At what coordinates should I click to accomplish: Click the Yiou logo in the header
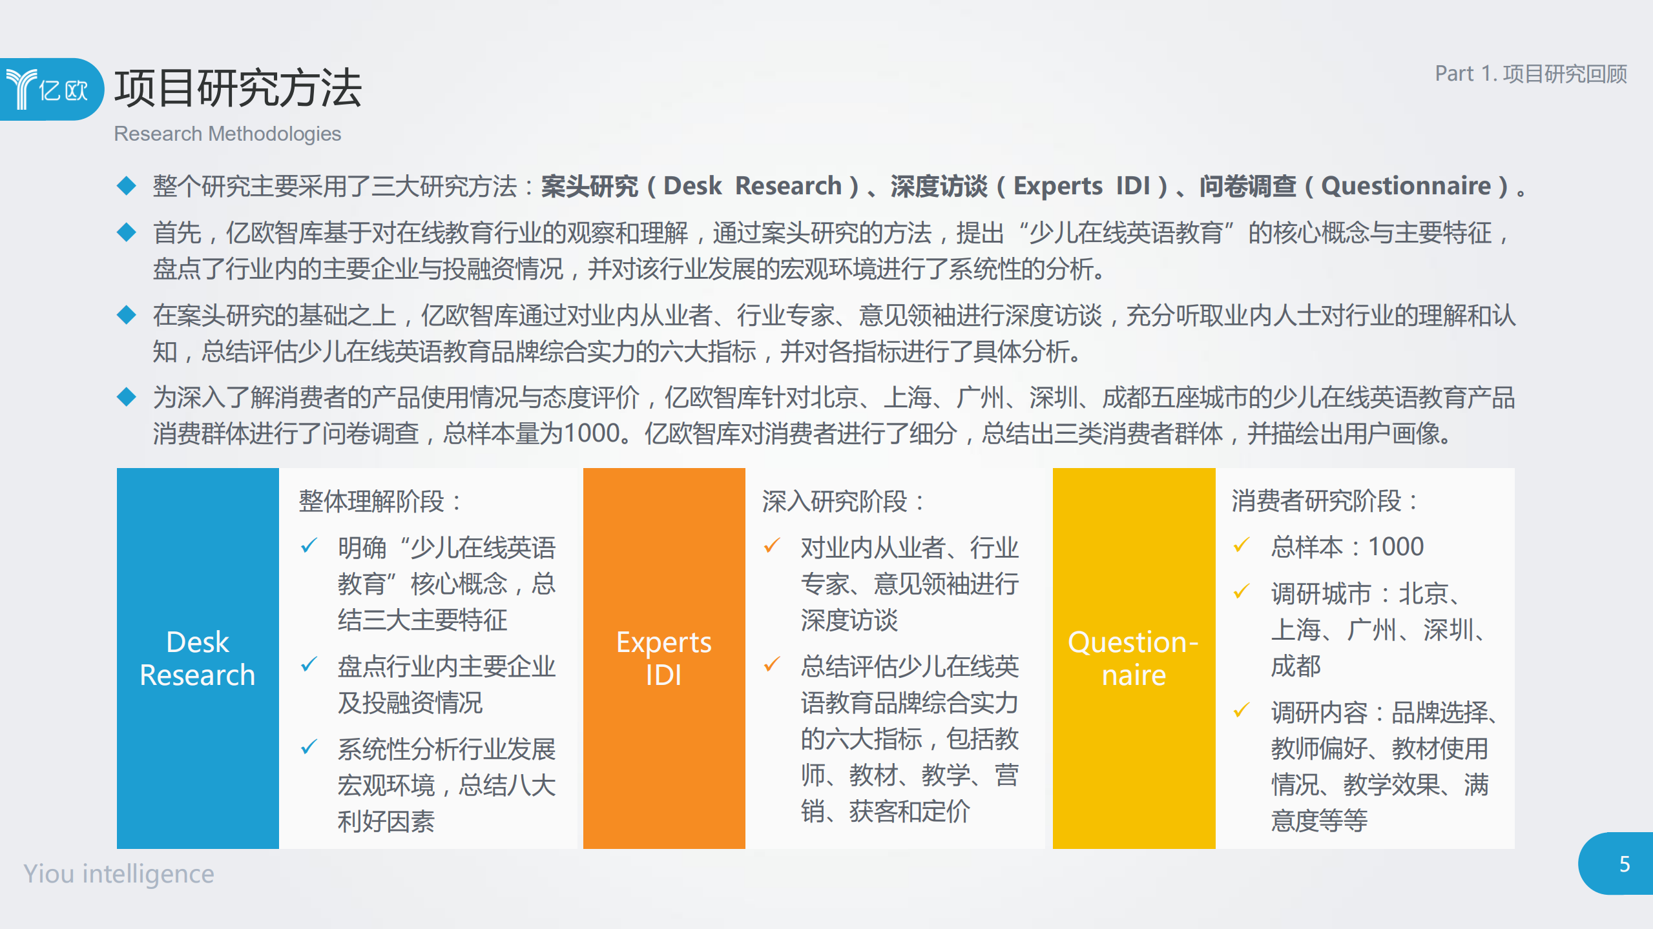[x=48, y=89]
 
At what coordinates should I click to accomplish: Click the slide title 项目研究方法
[x=237, y=88]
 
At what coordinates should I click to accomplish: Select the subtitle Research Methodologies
[x=227, y=134]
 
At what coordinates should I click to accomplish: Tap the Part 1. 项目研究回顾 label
[x=1530, y=74]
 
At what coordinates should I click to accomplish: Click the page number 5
[x=1624, y=864]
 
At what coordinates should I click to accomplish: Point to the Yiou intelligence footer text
[x=119, y=873]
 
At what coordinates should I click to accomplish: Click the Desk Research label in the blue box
[x=198, y=658]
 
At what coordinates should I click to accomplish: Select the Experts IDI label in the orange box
[x=663, y=658]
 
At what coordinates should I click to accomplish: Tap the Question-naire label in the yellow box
[x=1133, y=658]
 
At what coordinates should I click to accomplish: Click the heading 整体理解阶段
[x=380, y=501]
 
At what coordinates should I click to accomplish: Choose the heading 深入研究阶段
[x=842, y=501]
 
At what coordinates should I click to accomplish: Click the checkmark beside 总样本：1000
[x=1241, y=546]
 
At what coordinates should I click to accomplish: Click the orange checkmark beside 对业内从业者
[x=772, y=546]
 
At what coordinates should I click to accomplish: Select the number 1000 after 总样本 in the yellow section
[x=1396, y=547]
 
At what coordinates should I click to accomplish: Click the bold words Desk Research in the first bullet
[x=752, y=186]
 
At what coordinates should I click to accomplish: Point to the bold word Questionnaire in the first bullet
[x=1406, y=186]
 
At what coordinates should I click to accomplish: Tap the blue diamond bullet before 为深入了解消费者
[x=127, y=397]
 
